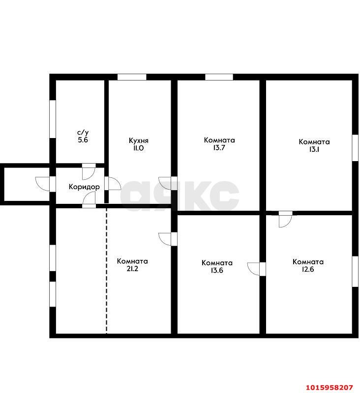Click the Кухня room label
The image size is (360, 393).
pos(139,140)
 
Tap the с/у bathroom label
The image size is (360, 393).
pos(83,133)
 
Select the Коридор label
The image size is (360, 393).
pos(84,187)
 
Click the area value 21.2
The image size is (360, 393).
pos(132,269)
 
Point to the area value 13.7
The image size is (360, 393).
pos(219,148)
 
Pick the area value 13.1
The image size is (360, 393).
pos(314,149)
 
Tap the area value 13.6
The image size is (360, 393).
pos(217,271)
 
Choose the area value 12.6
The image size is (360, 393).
pos(308,269)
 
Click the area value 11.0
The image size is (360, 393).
pos(138,148)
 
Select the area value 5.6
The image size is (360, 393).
pos(83,140)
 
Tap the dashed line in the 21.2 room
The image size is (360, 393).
pos(106,271)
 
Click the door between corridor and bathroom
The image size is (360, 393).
pos(89,171)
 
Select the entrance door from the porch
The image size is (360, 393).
pos(45,184)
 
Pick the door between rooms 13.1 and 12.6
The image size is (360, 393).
pos(285,219)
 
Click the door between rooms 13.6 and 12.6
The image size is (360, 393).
pos(256,269)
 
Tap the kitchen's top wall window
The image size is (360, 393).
pos(132,77)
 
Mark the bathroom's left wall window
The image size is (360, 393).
pos(53,119)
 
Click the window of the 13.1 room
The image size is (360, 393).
pos(355,148)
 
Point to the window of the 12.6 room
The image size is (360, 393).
pos(355,272)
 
